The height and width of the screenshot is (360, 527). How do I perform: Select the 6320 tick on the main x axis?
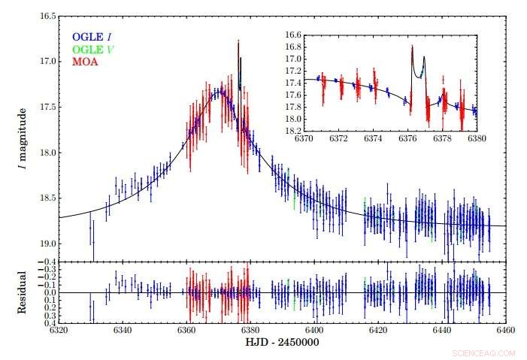click(x=59, y=330)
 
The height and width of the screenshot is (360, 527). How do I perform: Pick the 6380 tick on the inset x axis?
click(x=476, y=138)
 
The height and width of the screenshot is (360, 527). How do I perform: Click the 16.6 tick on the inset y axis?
click(x=293, y=35)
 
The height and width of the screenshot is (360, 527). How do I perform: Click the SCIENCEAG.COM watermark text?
click(x=483, y=352)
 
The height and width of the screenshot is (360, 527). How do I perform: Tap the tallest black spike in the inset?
click(x=412, y=47)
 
